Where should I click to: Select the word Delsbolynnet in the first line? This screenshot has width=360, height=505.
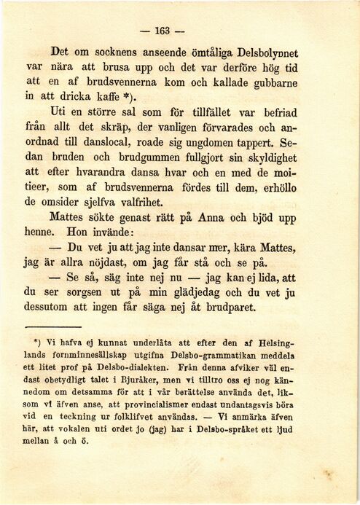point(265,53)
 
